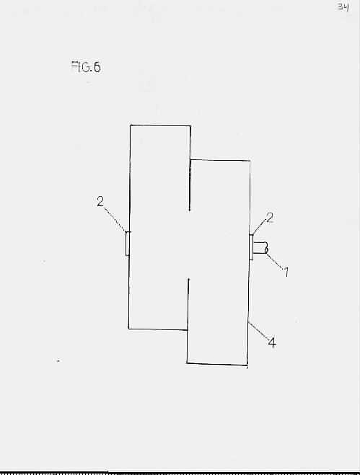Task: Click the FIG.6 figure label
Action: click(x=86, y=67)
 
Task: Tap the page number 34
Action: click(x=343, y=6)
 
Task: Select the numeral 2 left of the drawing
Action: click(x=100, y=201)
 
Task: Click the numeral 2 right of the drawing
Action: click(x=269, y=218)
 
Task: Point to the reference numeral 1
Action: click(x=286, y=272)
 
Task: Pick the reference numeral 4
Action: click(x=272, y=342)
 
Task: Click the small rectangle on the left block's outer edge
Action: click(x=128, y=244)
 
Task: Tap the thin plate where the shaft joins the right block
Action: click(x=251, y=247)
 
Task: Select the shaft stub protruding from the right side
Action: click(x=260, y=247)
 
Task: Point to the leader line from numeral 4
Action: click(x=258, y=331)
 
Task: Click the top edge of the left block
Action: click(x=160, y=125)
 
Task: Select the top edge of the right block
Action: click(x=220, y=160)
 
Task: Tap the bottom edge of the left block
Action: click(x=158, y=329)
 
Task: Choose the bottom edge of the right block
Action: click(x=217, y=364)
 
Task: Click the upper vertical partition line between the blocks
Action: click(x=190, y=168)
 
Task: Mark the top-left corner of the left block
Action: click(x=131, y=125)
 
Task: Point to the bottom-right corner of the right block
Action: click(x=247, y=365)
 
